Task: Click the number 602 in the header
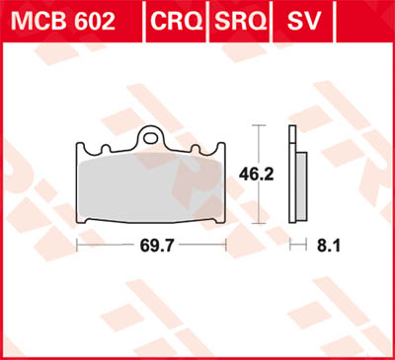pos(93,21)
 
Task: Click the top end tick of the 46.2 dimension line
pos(259,126)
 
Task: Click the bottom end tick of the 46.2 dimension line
pos(259,226)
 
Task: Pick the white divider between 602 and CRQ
pos(142,21)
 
